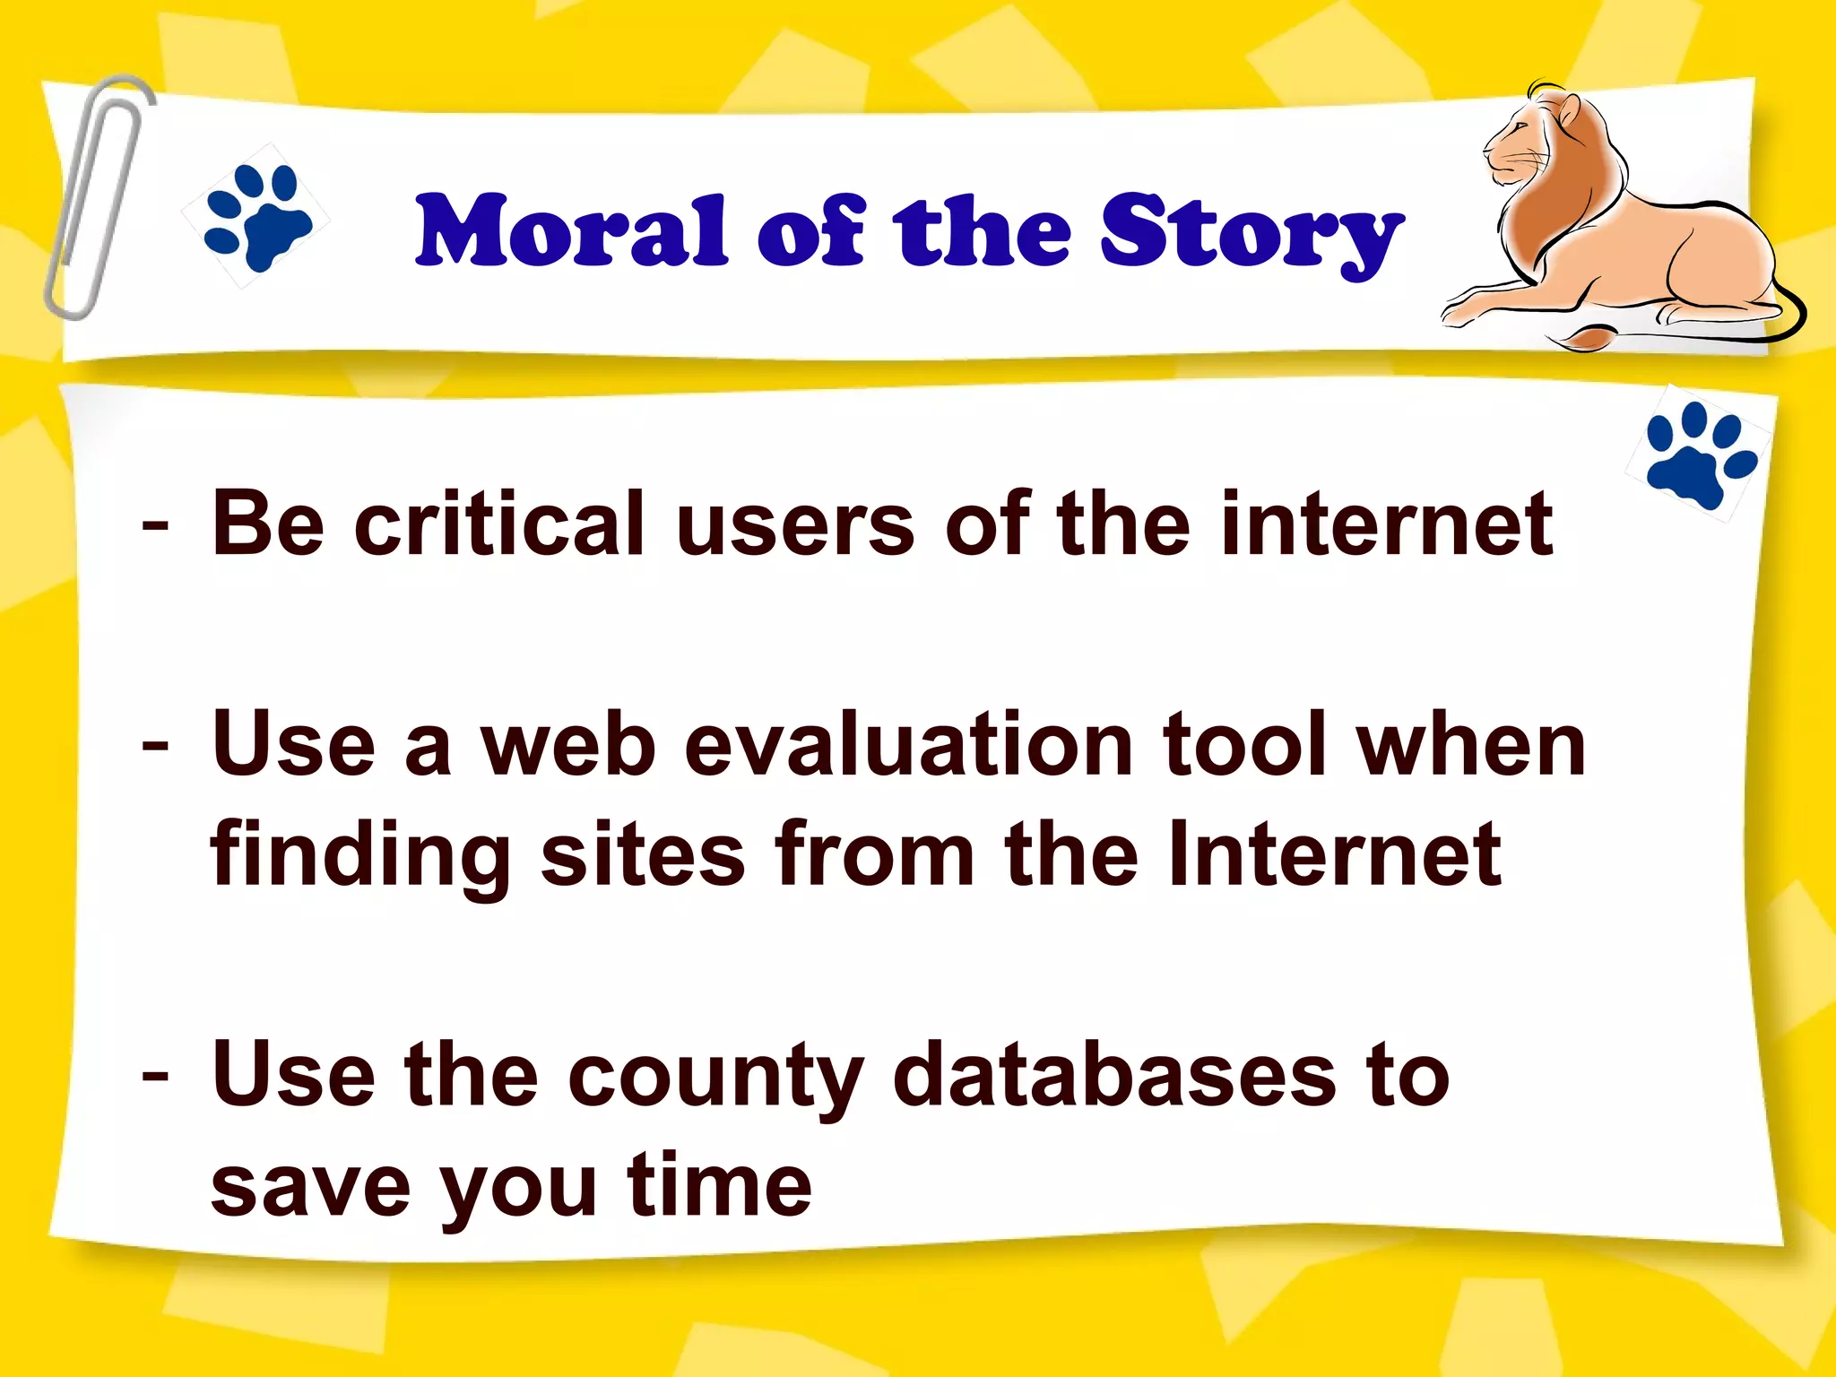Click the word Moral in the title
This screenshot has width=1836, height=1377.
pos(571,232)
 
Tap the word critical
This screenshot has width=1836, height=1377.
pos(499,524)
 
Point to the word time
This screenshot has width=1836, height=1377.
pos(719,1186)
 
